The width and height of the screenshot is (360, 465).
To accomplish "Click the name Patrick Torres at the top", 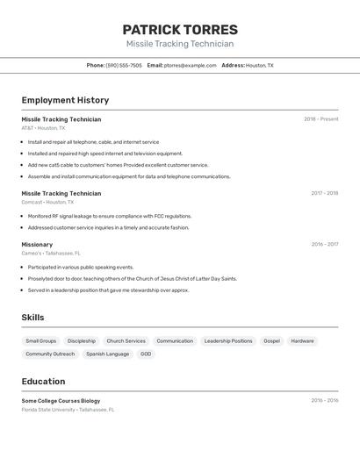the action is coord(180,29).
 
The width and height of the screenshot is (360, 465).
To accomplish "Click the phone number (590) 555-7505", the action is coord(124,65).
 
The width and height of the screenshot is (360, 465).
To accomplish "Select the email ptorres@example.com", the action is coord(190,65).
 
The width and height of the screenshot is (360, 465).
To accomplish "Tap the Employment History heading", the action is coord(65,100).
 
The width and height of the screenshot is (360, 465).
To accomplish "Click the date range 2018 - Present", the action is coord(320,119).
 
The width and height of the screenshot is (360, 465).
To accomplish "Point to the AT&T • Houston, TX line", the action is coord(43,128).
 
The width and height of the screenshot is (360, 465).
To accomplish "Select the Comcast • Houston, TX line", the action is coord(47,202).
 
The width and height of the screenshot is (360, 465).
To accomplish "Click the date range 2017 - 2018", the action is coord(324,193).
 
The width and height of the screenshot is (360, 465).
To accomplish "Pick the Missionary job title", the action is coord(37,245).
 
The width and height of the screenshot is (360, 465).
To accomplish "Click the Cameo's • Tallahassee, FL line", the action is coord(51,254).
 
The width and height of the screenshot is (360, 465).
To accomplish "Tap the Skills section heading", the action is coord(33,318).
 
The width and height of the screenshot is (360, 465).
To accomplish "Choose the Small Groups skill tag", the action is coord(40,340).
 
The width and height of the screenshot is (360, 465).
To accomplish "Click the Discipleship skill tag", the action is coord(82,340).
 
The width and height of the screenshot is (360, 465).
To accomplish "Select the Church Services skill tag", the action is coord(126,340).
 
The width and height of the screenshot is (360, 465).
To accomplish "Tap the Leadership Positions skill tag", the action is coord(228,340).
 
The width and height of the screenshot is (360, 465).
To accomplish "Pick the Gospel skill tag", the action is coord(271,340).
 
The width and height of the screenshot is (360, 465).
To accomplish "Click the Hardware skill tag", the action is coord(302,340).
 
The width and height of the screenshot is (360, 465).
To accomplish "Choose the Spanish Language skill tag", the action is coord(107,354).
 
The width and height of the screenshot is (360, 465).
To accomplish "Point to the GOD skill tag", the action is coord(146,354).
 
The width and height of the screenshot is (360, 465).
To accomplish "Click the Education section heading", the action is coord(43,382).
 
